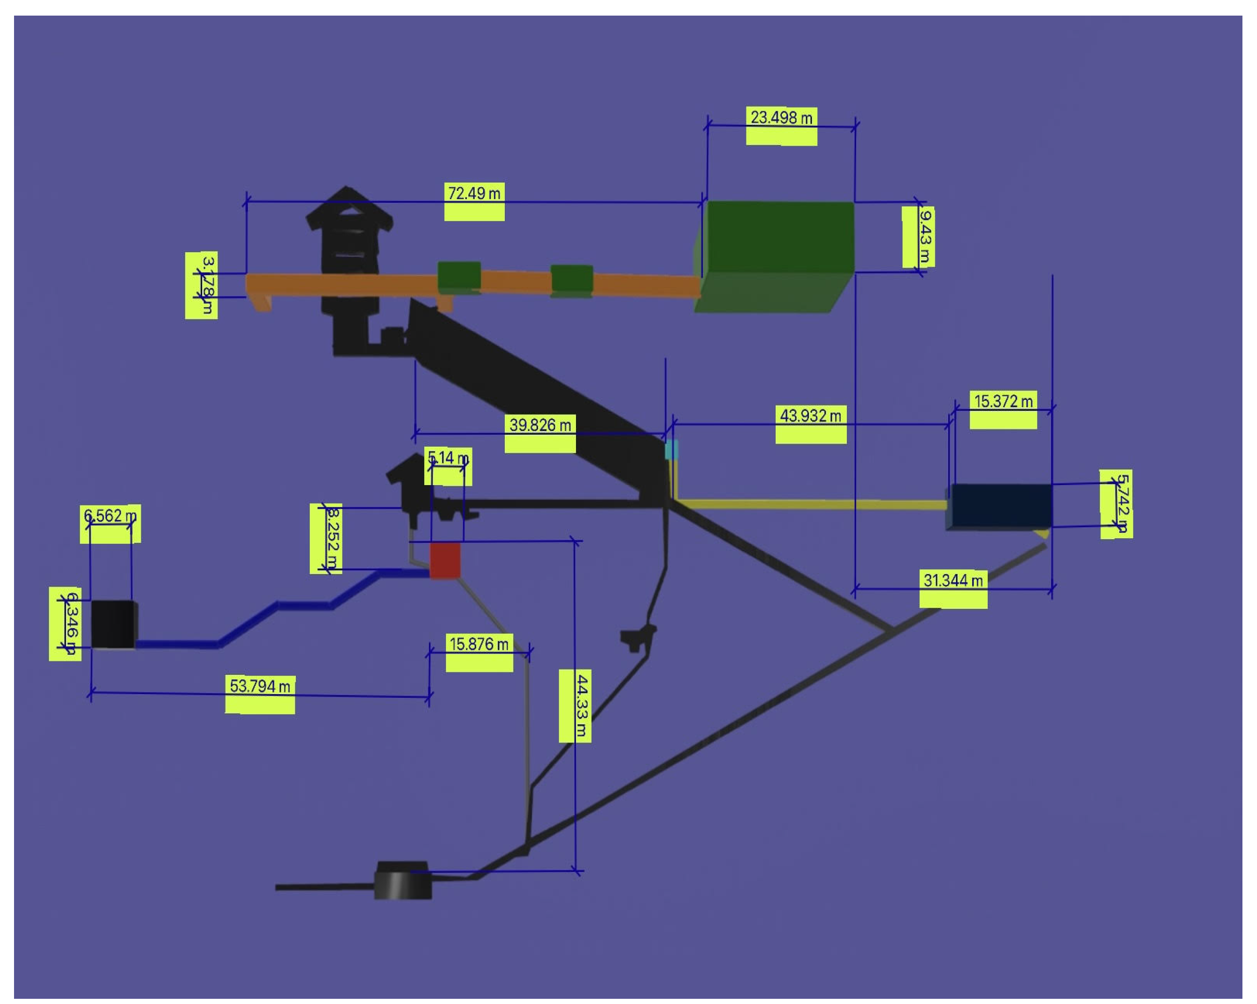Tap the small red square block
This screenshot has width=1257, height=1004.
pos(445,560)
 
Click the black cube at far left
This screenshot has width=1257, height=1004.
pos(114,623)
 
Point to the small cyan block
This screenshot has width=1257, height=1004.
pos(671,450)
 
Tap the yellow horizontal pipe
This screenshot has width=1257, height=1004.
pos(810,504)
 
